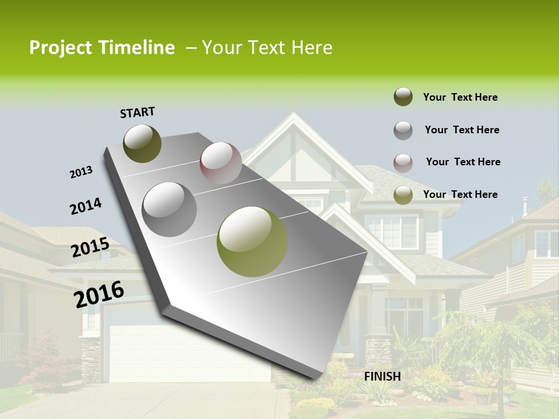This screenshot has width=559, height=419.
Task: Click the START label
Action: [137, 112]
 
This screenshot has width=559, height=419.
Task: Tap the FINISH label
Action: [383, 377]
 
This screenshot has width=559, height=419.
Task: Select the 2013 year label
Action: [81, 172]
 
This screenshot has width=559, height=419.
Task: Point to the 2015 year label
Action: [90, 247]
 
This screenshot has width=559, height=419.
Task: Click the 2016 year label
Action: [99, 294]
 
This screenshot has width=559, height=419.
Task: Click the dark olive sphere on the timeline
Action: [142, 143]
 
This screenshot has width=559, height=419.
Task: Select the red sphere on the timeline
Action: [221, 162]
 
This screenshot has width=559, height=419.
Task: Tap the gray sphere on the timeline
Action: [169, 210]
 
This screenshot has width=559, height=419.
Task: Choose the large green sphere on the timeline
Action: [252, 242]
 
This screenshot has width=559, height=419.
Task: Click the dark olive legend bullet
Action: [403, 97]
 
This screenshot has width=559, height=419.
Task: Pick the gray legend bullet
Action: [403, 130]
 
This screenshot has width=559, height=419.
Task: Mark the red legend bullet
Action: [403, 162]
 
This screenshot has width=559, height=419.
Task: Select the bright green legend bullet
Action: [403, 195]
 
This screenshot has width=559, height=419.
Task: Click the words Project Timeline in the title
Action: [102, 48]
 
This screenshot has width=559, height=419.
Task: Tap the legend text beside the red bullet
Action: [463, 162]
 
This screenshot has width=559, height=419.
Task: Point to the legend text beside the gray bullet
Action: [462, 130]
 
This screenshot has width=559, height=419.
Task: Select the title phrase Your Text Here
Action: [267, 48]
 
